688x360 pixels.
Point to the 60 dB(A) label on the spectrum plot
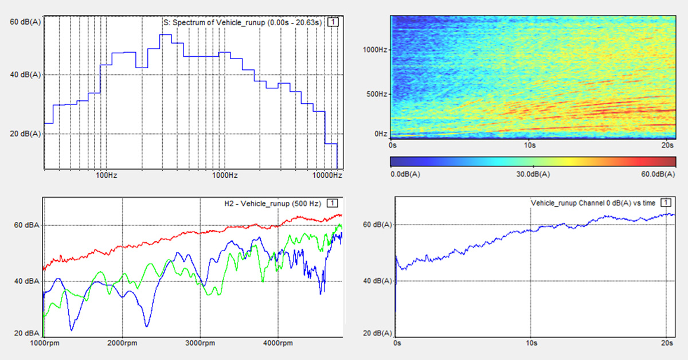(x=25, y=22)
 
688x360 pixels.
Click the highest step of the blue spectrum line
(x=166, y=35)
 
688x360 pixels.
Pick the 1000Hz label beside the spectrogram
(x=375, y=49)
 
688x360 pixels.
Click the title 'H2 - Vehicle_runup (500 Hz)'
(x=273, y=203)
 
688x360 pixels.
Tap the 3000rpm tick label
(x=200, y=343)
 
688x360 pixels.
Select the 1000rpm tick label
(x=44, y=343)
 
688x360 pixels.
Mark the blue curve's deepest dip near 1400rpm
(x=72, y=330)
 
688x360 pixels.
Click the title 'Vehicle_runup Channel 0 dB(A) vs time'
(x=594, y=203)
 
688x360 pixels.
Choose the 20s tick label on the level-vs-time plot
(x=666, y=343)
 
